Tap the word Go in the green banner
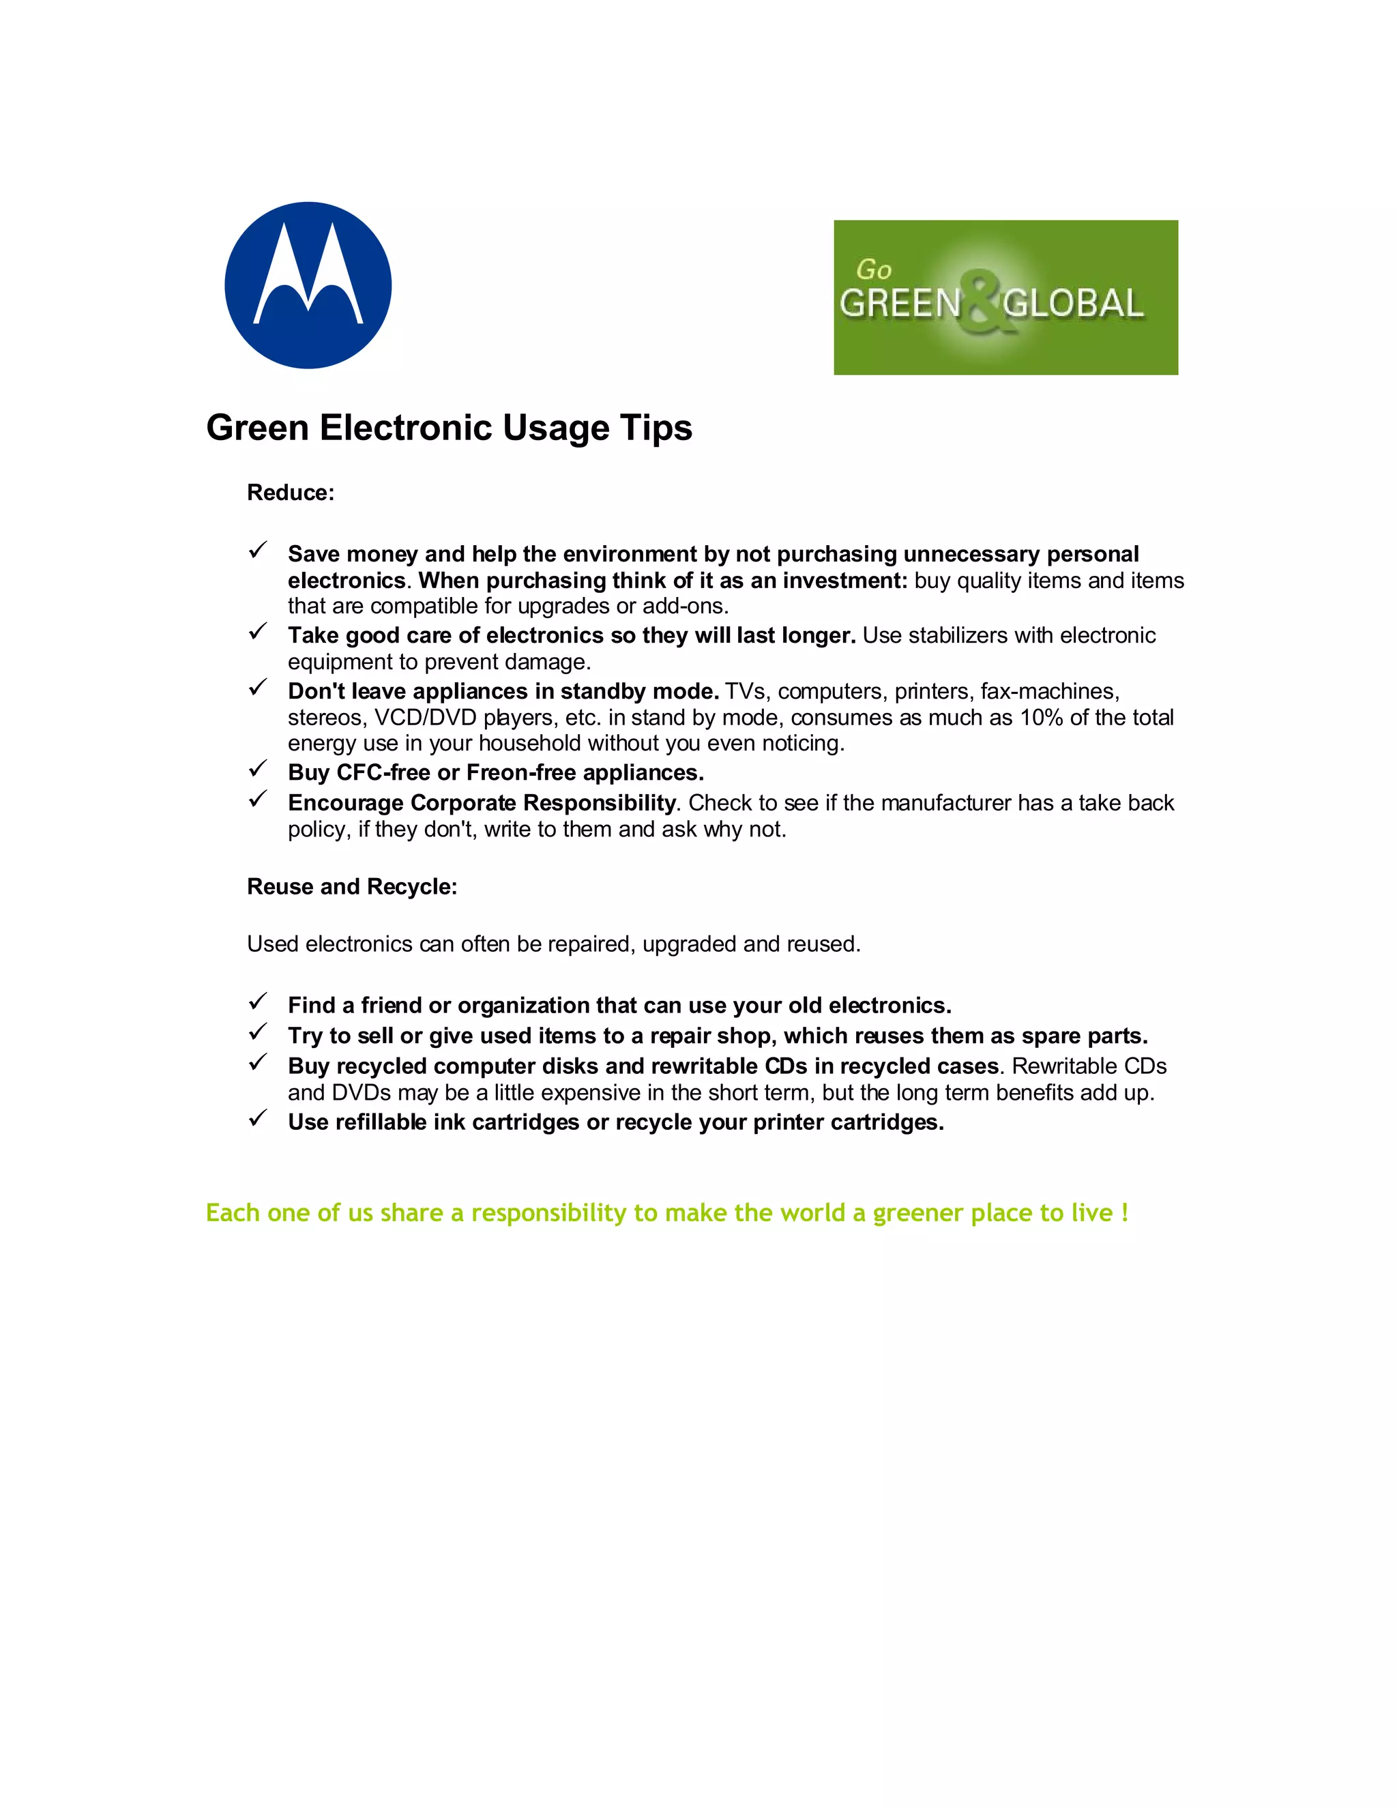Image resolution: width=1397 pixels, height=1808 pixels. point(874,270)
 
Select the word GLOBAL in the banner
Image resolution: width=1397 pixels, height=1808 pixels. point(1074,304)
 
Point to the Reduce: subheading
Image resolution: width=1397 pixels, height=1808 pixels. point(291,493)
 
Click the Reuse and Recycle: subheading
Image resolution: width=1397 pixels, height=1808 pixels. point(352,887)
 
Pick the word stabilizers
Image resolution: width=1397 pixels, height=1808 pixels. point(960,636)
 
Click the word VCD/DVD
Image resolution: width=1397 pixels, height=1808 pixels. point(426,718)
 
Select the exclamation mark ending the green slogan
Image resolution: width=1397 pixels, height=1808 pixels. point(1125,1213)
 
